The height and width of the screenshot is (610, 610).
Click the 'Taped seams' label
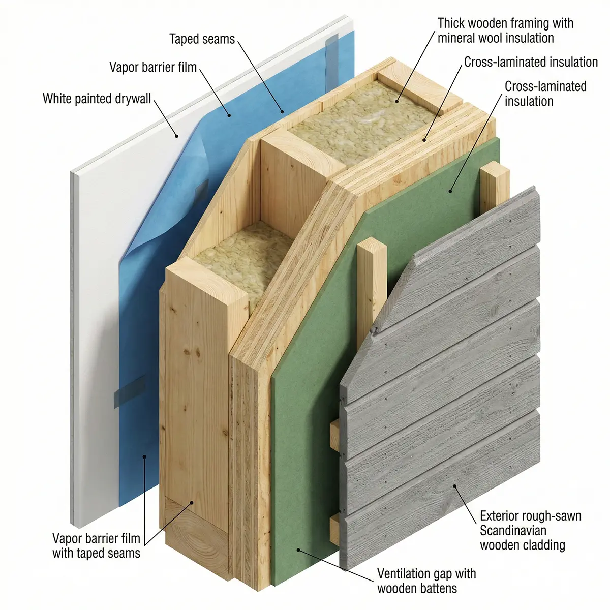pos(202,39)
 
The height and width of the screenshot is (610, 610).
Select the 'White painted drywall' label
pos(97,99)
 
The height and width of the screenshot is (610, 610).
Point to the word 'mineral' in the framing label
pos(456,38)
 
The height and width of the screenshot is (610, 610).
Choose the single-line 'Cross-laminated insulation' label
pos(531,62)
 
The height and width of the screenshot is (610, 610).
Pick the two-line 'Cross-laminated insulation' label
pos(545,94)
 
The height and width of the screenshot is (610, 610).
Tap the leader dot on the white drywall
pos(177,136)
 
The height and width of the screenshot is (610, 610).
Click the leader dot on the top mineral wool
pos(396,101)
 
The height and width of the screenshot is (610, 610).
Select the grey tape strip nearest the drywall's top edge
pos(332,61)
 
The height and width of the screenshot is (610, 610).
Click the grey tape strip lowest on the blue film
pos(130,391)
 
